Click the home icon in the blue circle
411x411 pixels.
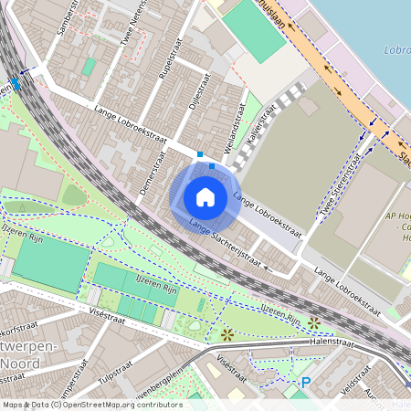[x=205, y=197]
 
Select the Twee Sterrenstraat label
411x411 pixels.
[x=338, y=192]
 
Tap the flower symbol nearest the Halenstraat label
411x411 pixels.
[x=314, y=322]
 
